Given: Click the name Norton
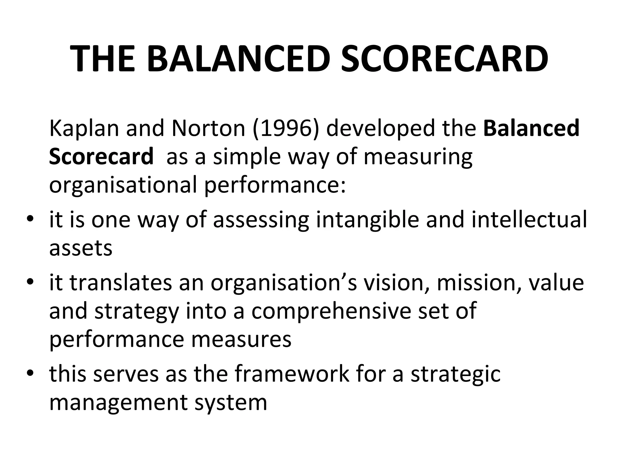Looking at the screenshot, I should (208, 128).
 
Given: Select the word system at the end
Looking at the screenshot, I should (231, 403).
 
